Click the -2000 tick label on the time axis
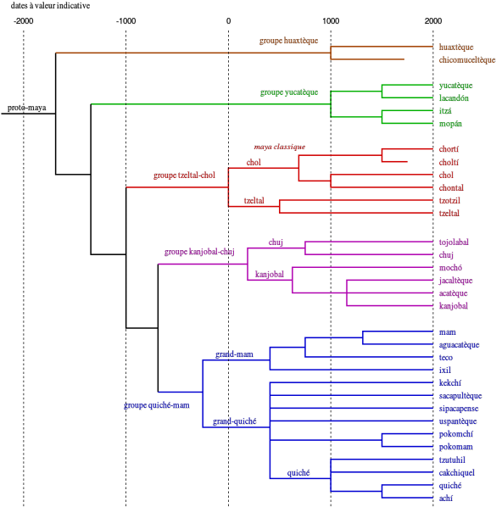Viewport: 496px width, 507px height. (x=23, y=21)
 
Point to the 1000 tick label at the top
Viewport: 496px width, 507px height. (x=331, y=21)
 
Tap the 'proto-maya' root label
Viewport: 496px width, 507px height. (x=27, y=108)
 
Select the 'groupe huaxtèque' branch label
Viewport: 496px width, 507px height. (x=288, y=41)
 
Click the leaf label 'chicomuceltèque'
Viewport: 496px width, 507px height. (x=467, y=60)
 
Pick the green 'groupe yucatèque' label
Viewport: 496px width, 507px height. (x=289, y=92)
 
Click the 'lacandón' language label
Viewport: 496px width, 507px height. (x=454, y=98)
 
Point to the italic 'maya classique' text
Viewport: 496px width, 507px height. (x=279, y=147)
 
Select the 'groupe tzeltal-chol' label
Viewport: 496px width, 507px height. (x=184, y=175)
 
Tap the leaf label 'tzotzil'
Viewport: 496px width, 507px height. (x=449, y=200)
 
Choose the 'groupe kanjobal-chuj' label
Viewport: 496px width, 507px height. (x=199, y=252)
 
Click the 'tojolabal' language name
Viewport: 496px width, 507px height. (x=454, y=242)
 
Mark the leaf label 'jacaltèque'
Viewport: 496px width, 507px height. (x=455, y=281)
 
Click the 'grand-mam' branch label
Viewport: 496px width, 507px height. (x=234, y=354)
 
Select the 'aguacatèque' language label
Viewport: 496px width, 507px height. (x=459, y=345)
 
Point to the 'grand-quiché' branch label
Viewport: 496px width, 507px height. (x=234, y=421)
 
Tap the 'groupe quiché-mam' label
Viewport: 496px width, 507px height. (x=157, y=405)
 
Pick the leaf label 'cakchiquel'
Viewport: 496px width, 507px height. (x=456, y=473)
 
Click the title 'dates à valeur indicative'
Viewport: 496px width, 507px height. (x=50, y=5)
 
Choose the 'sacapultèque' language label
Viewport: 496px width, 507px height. (x=460, y=396)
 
